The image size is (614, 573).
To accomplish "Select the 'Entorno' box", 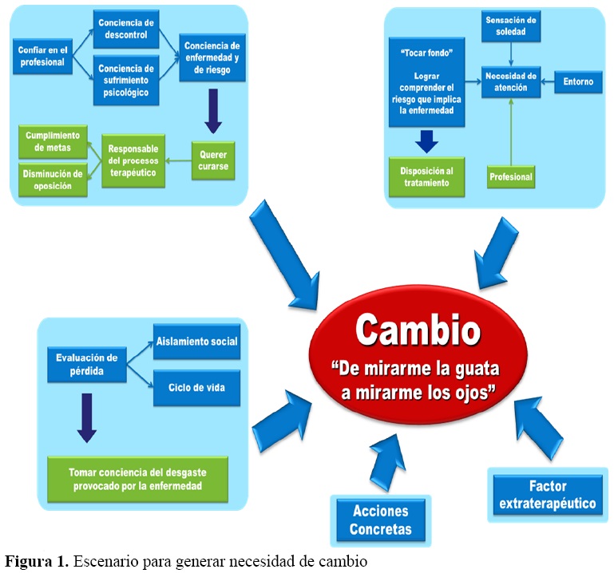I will tap(578, 81).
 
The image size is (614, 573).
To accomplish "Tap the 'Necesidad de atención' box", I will tap(510, 81).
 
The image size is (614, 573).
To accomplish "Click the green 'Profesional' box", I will tap(510, 176).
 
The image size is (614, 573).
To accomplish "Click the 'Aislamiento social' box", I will tap(196, 342).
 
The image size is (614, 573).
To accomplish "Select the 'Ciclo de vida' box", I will tap(196, 387).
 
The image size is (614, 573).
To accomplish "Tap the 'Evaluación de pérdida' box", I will tap(87, 363).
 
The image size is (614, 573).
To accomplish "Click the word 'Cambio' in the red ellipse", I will tap(418, 330).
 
